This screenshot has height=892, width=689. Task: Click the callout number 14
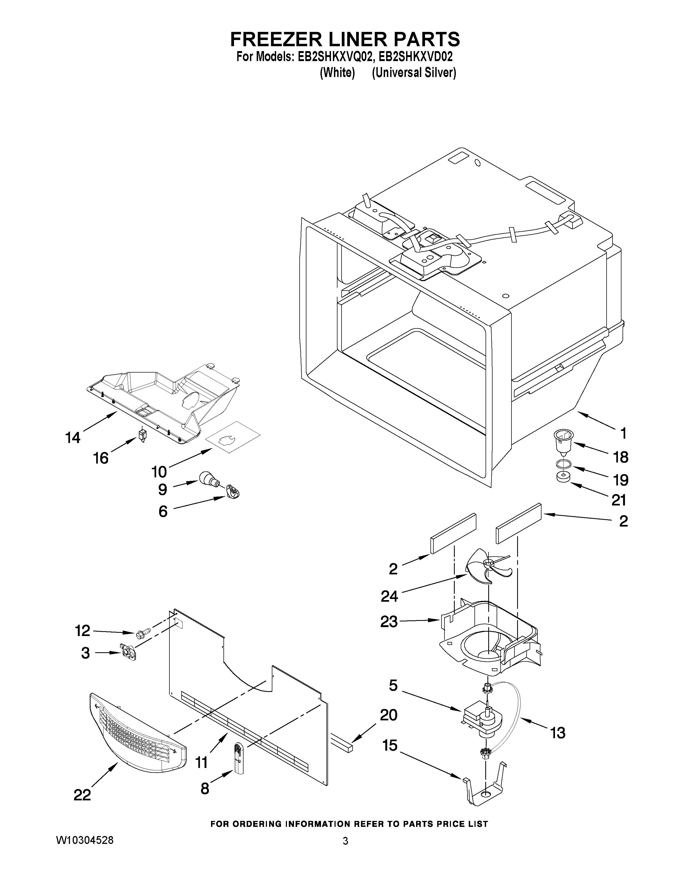click(x=73, y=438)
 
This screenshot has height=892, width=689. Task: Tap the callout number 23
click(x=389, y=622)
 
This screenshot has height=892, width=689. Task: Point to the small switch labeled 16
click(x=142, y=434)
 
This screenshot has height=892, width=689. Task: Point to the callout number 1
click(x=623, y=433)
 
